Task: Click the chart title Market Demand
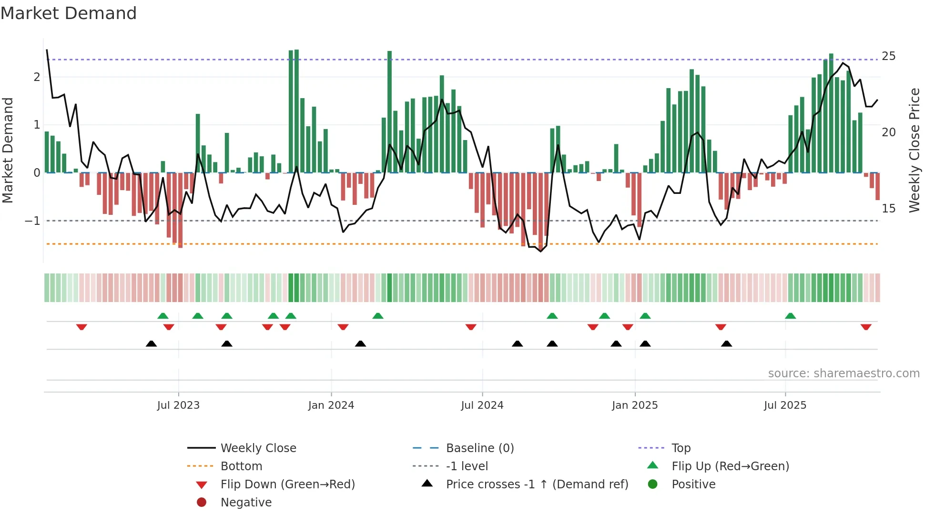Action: pyautogui.click(x=69, y=13)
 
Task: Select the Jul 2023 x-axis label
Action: pyautogui.click(x=178, y=405)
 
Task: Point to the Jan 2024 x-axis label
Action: pyautogui.click(x=331, y=405)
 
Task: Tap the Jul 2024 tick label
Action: pyautogui.click(x=482, y=405)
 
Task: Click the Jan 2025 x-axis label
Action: pyautogui.click(x=635, y=405)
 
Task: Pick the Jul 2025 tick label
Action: pyautogui.click(x=785, y=405)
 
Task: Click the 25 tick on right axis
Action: pyautogui.click(x=888, y=56)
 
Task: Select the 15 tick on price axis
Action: pyautogui.click(x=888, y=209)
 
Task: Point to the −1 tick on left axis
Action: pyautogui.click(x=32, y=221)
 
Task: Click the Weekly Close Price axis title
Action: pyautogui.click(x=914, y=150)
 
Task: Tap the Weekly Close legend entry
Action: pyautogui.click(x=258, y=448)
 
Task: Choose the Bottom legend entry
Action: pyautogui.click(x=241, y=466)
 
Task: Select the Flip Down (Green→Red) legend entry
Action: pyautogui.click(x=287, y=485)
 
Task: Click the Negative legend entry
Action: pyautogui.click(x=246, y=503)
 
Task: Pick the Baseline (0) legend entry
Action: pyautogui.click(x=479, y=448)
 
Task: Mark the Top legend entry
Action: pyautogui.click(x=680, y=448)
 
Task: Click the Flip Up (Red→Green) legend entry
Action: pyautogui.click(x=730, y=466)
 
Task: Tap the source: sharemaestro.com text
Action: pyautogui.click(x=843, y=374)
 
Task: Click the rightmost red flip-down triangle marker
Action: pyautogui.click(x=866, y=327)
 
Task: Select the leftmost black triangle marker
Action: pyautogui.click(x=151, y=343)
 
